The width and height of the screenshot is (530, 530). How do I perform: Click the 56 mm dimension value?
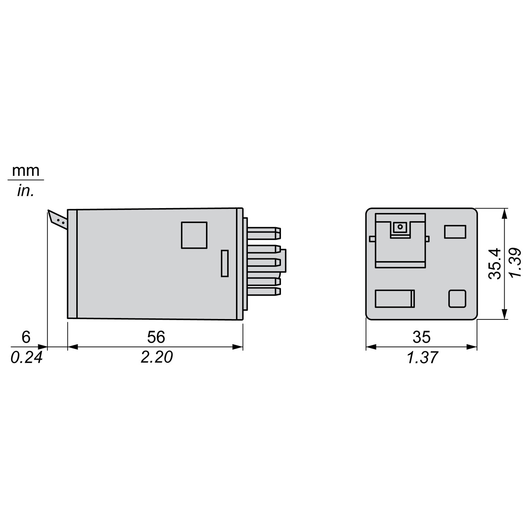pyautogui.click(x=156, y=337)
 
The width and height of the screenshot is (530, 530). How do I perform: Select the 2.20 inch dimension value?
pyautogui.click(x=157, y=358)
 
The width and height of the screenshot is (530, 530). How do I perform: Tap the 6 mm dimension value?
pyautogui.click(x=26, y=337)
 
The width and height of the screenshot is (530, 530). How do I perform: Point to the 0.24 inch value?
pyautogui.click(x=26, y=358)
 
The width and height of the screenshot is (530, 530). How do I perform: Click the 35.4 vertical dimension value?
pyautogui.click(x=495, y=264)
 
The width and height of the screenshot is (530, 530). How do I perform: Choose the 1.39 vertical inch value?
pyautogui.click(x=515, y=264)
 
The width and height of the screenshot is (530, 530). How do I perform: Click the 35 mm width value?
pyautogui.click(x=421, y=337)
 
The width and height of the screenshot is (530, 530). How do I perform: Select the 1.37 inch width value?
pyautogui.click(x=422, y=358)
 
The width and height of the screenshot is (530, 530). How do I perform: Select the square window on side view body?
pyautogui.click(x=194, y=235)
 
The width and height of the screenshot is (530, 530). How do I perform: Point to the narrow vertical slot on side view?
pyautogui.click(x=224, y=263)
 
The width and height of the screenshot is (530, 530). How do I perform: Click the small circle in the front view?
pyautogui.click(x=400, y=226)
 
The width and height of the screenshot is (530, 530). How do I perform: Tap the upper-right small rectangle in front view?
pyautogui.click(x=455, y=231)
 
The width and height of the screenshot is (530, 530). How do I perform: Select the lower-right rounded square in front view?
pyautogui.click(x=457, y=298)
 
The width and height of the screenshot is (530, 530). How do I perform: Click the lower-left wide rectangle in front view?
pyautogui.click(x=395, y=298)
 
